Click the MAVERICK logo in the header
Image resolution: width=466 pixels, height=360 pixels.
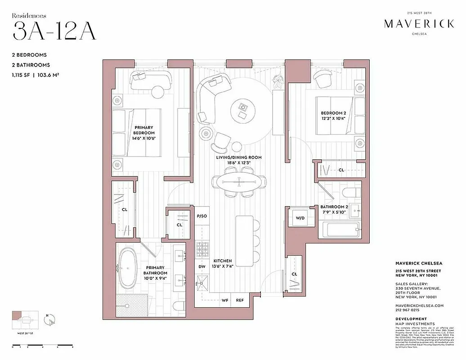[419, 24]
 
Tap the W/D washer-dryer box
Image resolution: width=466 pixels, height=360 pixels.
[300, 218]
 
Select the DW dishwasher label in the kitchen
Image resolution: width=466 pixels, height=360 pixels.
[202, 266]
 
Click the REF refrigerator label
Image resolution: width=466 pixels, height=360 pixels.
[240, 300]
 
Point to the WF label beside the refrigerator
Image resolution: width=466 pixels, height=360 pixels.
[225, 300]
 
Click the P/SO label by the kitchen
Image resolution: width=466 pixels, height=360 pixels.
[202, 216]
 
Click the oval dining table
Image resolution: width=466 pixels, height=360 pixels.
[238, 182]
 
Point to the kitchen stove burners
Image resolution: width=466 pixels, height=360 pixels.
[202, 247]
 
